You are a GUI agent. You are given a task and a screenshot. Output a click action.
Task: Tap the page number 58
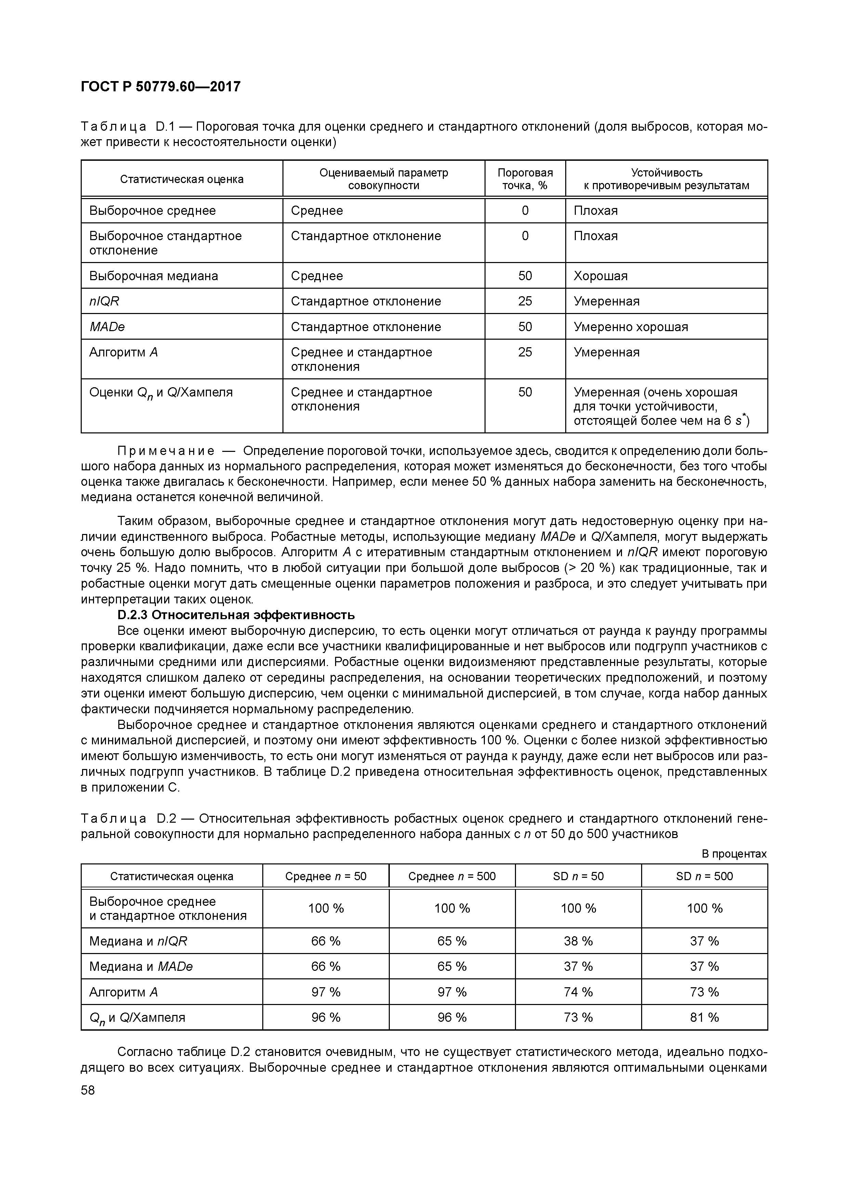click(88, 1090)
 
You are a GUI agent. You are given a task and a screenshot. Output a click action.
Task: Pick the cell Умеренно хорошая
click(631, 327)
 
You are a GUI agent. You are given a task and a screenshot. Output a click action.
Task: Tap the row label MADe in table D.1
click(107, 327)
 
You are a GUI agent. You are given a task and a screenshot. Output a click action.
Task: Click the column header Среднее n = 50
click(326, 876)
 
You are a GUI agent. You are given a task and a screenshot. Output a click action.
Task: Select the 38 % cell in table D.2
click(578, 941)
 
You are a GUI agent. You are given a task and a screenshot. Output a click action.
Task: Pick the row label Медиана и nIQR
click(138, 941)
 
